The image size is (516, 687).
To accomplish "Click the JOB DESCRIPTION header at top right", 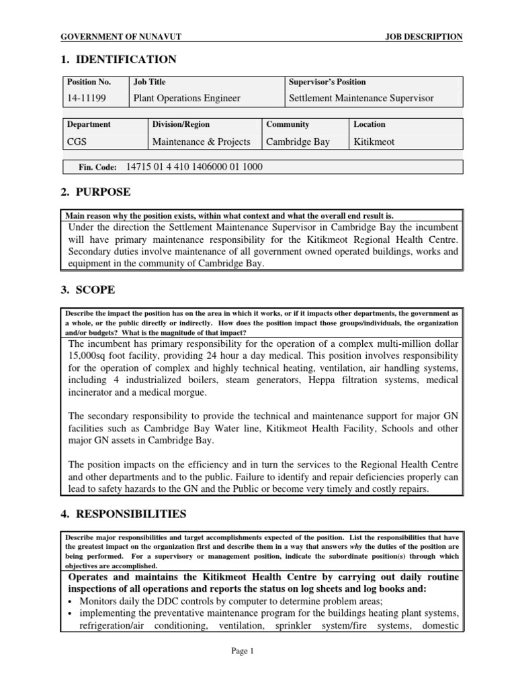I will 423,37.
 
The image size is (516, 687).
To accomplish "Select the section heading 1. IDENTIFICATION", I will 118,60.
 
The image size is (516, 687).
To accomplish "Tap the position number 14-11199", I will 87,98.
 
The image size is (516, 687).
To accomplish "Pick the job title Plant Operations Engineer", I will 187,98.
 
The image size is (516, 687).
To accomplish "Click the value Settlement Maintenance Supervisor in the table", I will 361,98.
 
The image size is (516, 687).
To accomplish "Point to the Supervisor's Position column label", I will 327,82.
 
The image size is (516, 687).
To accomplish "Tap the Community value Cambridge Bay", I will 298,142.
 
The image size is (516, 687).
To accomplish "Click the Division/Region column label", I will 181,124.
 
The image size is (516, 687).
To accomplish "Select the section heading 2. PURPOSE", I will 95,193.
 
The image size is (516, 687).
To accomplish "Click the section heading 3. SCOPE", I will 87,290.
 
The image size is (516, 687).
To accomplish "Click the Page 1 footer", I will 257,650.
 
